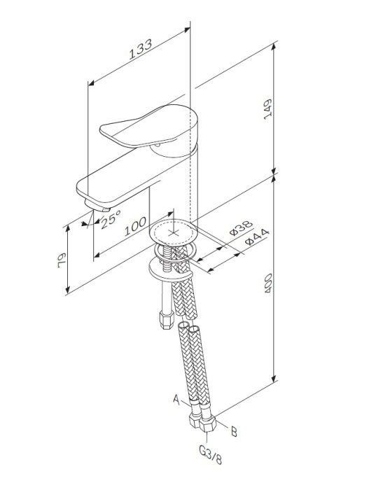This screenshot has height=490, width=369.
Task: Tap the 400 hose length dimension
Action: click(267, 283)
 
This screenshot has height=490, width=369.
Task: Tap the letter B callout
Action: click(234, 432)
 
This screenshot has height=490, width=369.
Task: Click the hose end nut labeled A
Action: click(193, 423)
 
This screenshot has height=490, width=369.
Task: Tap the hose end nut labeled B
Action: click(208, 426)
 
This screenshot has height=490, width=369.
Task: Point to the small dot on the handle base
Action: click(159, 146)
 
